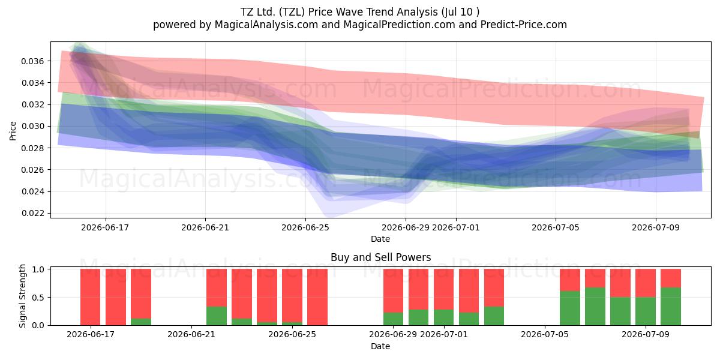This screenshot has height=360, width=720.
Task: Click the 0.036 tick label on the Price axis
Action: pyautogui.click(x=32, y=61)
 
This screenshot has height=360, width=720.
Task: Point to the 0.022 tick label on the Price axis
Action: pyautogui.click(x=32, y=213)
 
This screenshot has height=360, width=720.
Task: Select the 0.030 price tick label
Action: pyautogui.click(x=32, y=127)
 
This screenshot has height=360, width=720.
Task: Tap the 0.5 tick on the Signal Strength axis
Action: pyautogui.click(x=38, y=298)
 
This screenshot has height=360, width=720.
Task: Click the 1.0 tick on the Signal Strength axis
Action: pyautogui.click(x=38, y=269)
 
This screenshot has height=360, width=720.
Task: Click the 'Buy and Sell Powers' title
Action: pyautogui.click(x=380, y=257)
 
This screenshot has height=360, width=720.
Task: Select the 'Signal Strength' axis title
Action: pyautogui.click(x=22, y=296)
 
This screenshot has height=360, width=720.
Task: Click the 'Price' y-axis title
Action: pyautogui.click(x=13, y=131)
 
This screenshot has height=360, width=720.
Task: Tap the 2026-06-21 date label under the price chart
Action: pyautogui.click(x=205, y=227)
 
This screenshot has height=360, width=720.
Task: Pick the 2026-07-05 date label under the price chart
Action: pyautogui.click(x=556, y=227)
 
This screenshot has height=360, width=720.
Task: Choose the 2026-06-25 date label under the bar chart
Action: pyautogui.click(x=292, y=334)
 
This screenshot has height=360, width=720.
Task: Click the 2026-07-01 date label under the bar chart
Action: pyautogui.click(x=444, y=334)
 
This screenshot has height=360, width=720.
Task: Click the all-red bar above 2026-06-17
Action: pyautogui.click(x=91, y=297)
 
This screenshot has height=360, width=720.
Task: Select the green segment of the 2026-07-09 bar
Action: pyautogui.click(x=646, y=311)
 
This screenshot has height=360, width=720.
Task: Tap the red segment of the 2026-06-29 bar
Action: pyautogui.click(x=393, y=290)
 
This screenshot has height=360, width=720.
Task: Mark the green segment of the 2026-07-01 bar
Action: pyautogui.click(x=444, y=317)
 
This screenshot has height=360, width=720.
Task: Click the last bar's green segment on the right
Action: pyautogui.click(x=671, y=307)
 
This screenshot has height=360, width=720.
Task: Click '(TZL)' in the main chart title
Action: pyautogui.click(x=292, y=12)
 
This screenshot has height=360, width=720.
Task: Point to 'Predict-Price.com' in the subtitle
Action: pyautogui.click(x=524, y=25)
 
